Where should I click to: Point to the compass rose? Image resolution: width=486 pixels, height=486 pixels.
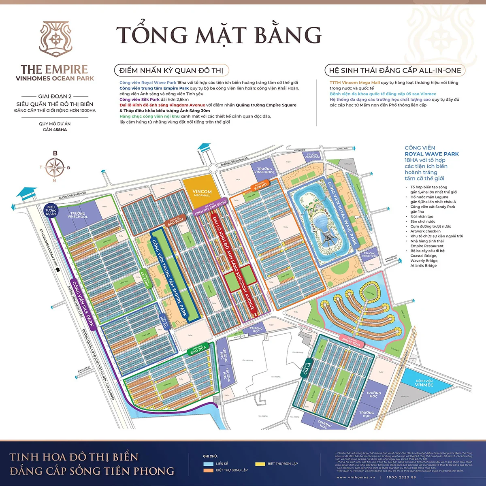click(55, 167)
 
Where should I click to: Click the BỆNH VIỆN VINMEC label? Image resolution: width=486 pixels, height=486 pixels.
click(424, 383)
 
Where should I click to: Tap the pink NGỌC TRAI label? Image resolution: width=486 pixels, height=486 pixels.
click(351, 341)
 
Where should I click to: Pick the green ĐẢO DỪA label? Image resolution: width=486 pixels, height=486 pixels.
click(198, 350)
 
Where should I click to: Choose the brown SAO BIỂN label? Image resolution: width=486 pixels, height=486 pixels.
click(175, 221)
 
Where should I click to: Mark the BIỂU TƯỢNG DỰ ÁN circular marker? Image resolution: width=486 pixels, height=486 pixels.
click(51, 210)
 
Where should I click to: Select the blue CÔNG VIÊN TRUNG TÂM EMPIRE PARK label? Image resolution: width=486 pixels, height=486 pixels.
click(169, 277)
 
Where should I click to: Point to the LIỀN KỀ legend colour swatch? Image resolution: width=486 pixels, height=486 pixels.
click(209, 464)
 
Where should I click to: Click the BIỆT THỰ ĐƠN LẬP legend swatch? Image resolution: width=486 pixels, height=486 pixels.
click(260, 464)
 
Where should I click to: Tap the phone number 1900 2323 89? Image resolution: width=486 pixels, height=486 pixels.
click(401, 477)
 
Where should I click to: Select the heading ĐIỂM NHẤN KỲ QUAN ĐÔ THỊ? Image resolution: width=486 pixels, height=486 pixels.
click(171, 70)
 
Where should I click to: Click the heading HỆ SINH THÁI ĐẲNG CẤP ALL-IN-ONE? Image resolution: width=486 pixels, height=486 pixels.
click(395, 70)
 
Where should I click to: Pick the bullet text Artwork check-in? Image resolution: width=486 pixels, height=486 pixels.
click(425, 231)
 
